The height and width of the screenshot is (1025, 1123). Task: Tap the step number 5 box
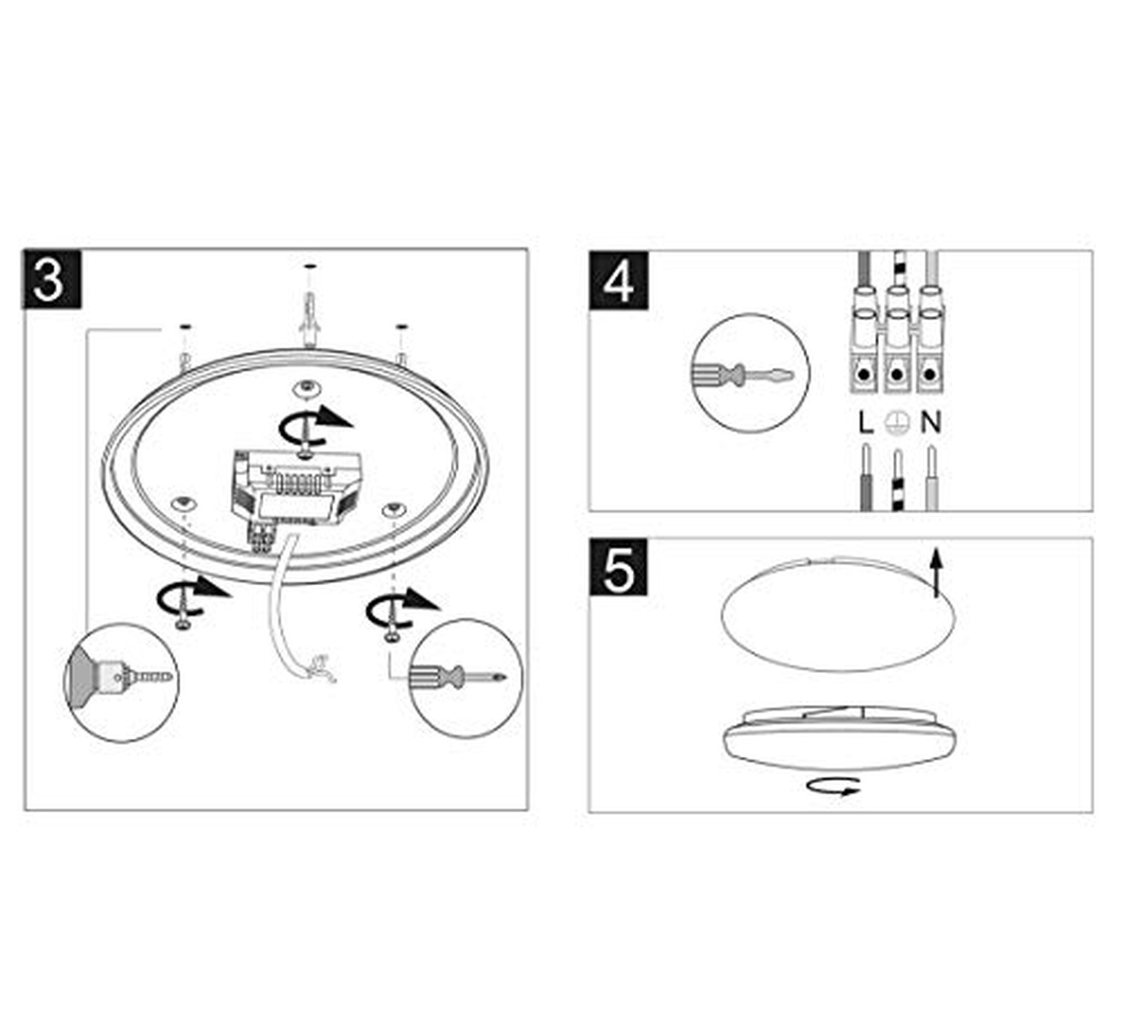point(618,569)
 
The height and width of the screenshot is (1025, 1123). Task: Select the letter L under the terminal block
point(865,422)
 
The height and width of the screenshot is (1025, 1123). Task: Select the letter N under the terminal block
point(931,422)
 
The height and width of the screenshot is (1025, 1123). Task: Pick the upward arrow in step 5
point(937,572)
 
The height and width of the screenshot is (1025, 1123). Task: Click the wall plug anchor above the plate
point(308,317)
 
